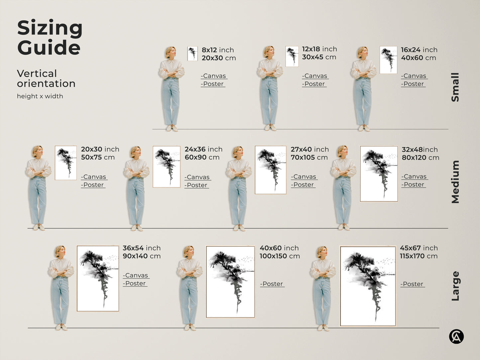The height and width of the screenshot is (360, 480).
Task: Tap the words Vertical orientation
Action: click(x=46, y=78)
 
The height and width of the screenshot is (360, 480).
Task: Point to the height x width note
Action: click(x=40, y=96)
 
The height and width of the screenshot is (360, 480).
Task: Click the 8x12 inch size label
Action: click(x=218, y=50)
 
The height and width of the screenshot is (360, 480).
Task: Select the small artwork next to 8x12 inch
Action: click(x=192, y=53)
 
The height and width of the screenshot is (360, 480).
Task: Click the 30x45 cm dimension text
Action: click(x=319, y=57)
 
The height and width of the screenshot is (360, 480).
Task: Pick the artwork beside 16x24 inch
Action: click(x=388, y=60)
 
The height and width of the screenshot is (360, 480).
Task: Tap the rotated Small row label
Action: click(x=455, y=87)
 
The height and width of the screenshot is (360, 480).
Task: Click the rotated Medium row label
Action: click(x=455, y=182)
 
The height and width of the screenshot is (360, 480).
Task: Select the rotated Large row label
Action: click(x=455, y=286)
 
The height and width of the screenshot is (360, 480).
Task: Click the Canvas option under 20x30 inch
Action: click(x=94, y=177)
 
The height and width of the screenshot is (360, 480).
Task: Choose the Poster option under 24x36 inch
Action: click(x=197, y=185)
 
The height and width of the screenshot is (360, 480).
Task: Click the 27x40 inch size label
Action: click(x=310, y=149)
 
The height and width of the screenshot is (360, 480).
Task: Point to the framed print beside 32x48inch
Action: click(x=379, y=174)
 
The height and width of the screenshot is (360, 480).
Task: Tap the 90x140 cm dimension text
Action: click(x=142, y=256)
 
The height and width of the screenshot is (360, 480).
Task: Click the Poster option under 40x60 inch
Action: click(x=272, y=284)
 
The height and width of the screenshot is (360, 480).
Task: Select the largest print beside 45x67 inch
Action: click(x=368, y=286)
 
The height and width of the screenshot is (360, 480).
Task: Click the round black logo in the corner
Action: click(x=456, y=336)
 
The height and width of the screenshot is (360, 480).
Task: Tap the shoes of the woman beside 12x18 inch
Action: click(x=270, y=128)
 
